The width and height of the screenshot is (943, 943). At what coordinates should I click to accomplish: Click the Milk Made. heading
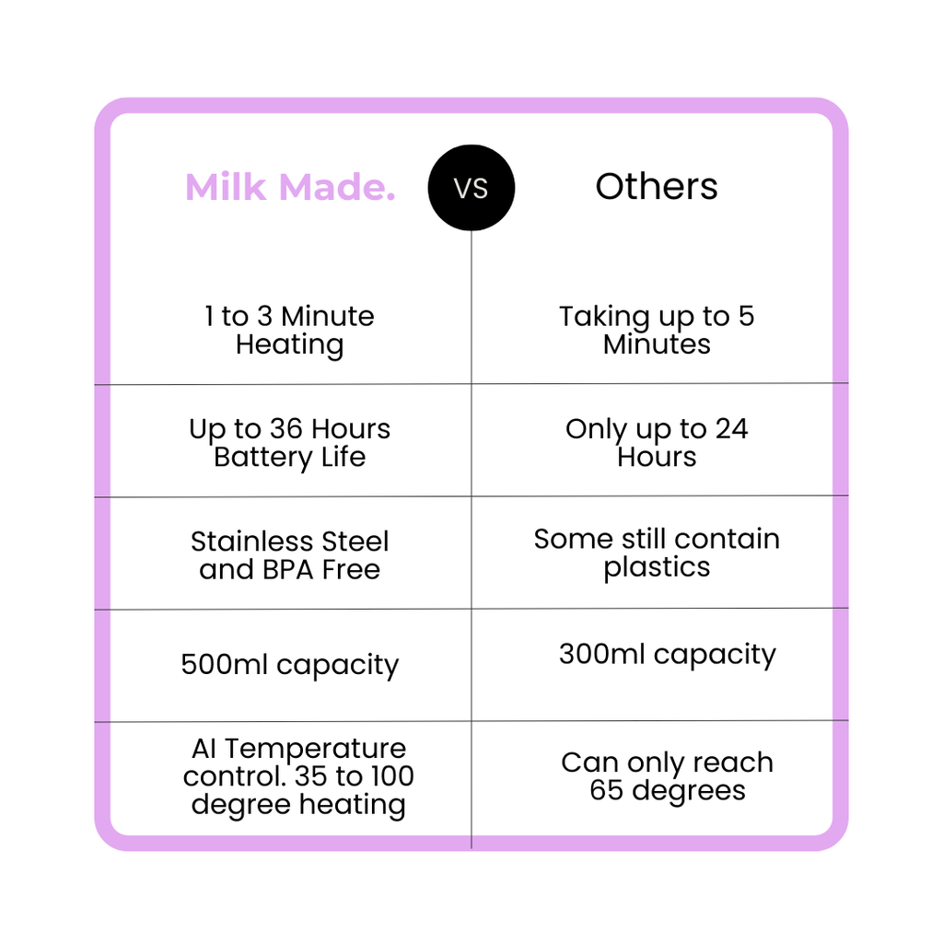[x=290, y=188]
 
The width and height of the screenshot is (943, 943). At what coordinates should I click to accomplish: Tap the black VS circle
[x=471, y=188]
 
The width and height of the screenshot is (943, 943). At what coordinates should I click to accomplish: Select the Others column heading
[x=657, y=187]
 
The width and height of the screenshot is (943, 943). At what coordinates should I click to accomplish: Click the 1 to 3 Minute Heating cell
[x=289, y=331]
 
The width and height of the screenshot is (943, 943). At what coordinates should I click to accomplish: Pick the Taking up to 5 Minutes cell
[x=657, y=331]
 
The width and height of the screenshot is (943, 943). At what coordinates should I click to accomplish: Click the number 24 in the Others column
[x=731, y=429]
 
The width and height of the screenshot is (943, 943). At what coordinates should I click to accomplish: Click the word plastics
[x=657, y=567]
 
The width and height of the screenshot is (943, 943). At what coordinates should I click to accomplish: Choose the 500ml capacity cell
[x=289, y=665]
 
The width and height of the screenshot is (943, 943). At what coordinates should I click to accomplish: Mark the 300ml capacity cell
[x=667, y=655]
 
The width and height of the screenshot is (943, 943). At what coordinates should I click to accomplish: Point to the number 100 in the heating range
[x=391, y=776]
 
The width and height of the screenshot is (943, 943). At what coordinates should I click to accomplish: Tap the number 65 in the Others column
[x=607, y=790]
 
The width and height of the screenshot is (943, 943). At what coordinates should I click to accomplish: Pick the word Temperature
[x=315, y=749]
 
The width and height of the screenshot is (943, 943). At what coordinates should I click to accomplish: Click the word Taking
[x=604, y=317]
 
